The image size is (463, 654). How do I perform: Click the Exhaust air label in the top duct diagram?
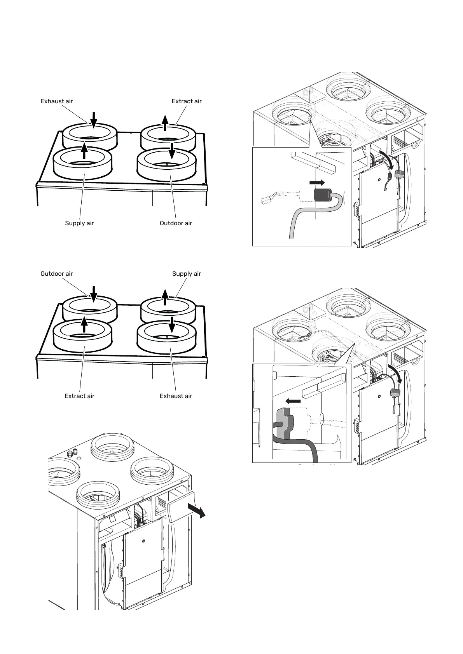[57, 101]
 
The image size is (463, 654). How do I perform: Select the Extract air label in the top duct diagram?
[187, 101]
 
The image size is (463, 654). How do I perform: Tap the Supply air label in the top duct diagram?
[79, 223]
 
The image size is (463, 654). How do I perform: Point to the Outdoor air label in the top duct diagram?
[176, 223]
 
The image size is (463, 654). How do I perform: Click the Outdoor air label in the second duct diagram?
[57, 274]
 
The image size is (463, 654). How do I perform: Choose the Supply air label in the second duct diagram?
[187, 274]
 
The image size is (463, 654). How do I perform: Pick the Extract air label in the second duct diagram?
[79, 396]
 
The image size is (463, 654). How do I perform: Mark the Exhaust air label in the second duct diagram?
[176, 396]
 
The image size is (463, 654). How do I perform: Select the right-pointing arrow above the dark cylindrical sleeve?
[317, 182]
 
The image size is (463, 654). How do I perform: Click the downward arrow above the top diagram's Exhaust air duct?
[93, 119]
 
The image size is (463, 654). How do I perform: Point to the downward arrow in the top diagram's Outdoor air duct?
[172, 151]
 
